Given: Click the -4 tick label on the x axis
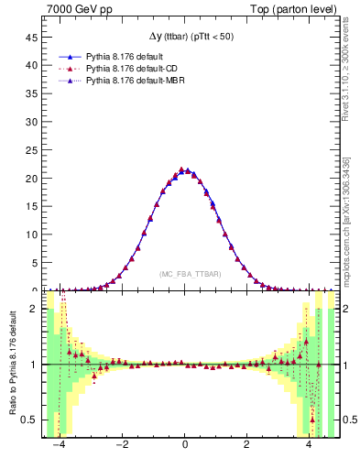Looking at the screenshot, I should tap(60, 448).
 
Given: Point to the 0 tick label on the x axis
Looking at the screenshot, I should tap(185, 448).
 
